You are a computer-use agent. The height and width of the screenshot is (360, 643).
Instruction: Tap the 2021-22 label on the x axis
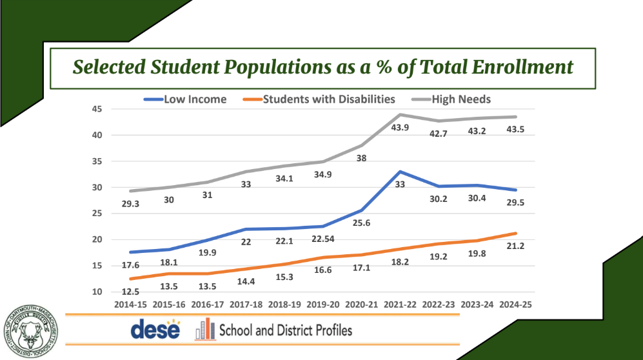coord(400,304)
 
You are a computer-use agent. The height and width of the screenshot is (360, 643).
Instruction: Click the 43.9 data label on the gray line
coord(401,129)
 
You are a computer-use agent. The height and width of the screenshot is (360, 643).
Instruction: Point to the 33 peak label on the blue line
coord(401,185)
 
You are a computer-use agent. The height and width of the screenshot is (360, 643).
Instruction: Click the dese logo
coord(155,330)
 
